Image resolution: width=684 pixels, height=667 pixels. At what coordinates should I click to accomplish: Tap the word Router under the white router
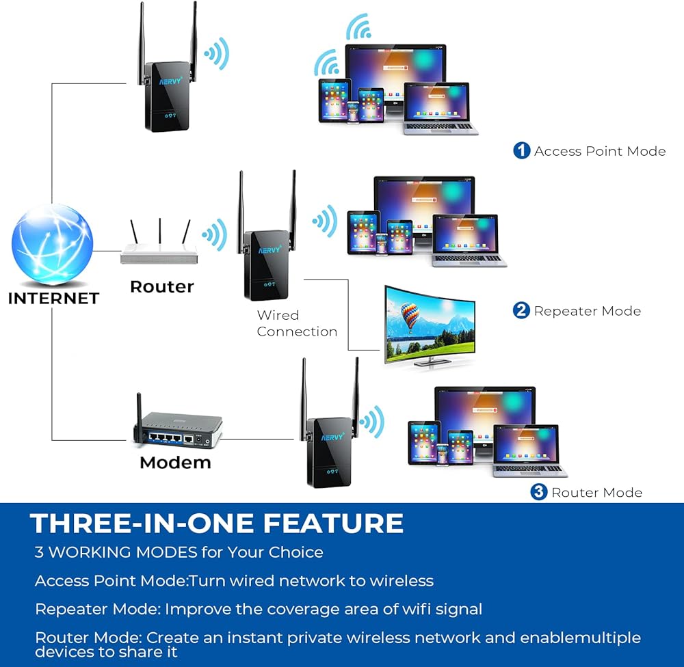point(162,286)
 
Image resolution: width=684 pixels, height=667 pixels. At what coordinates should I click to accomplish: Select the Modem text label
point(175,463)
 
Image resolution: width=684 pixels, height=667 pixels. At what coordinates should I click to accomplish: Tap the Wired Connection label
point(297,323)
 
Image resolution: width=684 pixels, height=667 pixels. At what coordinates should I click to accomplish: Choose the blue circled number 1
point(522,151)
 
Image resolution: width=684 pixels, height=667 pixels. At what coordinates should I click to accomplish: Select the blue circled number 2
point(521,311)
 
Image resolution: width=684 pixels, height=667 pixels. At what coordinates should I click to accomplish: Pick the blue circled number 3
point(539,492)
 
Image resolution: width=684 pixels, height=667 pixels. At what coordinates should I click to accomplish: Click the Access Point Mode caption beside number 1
point(600,151)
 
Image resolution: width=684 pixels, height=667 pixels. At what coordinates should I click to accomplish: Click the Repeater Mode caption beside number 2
point(588,311)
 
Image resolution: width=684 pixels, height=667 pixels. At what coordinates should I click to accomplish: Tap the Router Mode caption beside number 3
point(597,492)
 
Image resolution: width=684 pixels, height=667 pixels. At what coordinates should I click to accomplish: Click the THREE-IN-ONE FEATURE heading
point(217,523)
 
